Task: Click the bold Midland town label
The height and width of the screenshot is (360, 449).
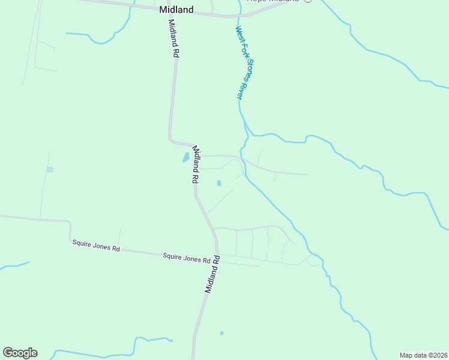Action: pos(176,10)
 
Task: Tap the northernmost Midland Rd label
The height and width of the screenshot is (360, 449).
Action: pos(175,38)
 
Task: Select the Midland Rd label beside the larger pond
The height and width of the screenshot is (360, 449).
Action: pos(195,164)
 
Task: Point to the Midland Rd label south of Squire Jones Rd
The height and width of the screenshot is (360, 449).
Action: pos(212,274)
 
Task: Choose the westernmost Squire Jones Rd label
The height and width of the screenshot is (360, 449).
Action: pos(96,246)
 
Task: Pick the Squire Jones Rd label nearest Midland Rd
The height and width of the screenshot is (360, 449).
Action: pos(187,258)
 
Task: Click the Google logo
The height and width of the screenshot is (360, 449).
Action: pos(20,353)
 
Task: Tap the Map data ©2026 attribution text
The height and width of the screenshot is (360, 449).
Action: pos(423,355)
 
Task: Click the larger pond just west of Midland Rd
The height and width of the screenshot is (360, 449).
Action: pos(185,158)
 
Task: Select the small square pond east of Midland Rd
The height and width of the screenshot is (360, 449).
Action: pos(218,183)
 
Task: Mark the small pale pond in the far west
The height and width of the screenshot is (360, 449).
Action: pos(50,169)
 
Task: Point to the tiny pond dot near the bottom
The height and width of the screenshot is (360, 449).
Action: pos(221,333)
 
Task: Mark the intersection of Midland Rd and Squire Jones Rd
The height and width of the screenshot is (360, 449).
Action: pos(217,254)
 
